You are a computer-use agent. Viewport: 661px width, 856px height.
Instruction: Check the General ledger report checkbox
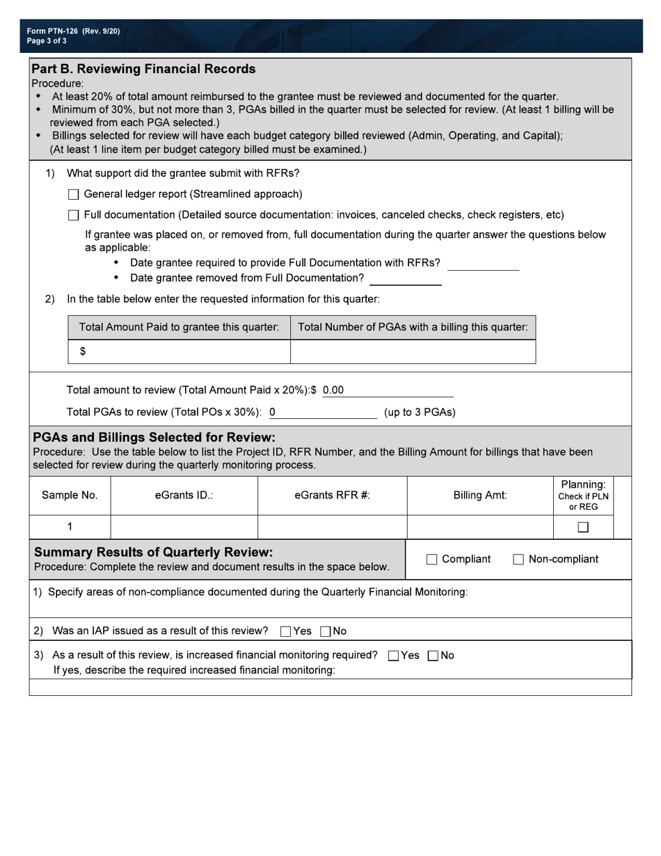pyautogui.click(x=74, y=195)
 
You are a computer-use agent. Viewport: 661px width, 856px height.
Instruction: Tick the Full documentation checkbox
pyautogui.click(x=74, y=215)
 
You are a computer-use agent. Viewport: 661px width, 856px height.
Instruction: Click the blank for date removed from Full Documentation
pyautogui.click(x=405, y=279)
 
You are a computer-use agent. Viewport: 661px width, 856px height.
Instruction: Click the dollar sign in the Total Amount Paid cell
pyautogui.click(x=83, y=351)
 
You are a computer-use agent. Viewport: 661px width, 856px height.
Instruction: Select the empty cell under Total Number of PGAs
pyautogui.click(x=413, y=351)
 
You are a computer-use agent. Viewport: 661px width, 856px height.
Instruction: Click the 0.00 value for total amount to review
pyautogui.click(x=333, y=390)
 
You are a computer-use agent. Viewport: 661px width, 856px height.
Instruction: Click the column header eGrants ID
pyautogui.click(x=184, y=496)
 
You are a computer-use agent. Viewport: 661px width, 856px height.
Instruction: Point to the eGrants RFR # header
pyautogui.click(x=332, y=496)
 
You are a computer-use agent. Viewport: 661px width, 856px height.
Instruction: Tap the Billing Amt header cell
pyautogui.click(x=480, y=496)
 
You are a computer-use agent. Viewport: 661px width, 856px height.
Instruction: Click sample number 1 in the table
pyautogui.click(x=70, y=527)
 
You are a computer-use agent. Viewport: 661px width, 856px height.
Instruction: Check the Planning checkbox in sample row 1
pyautogui.click(x=583, y=528)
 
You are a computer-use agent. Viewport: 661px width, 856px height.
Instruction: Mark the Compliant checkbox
pyautogui.click(x=431, y=560)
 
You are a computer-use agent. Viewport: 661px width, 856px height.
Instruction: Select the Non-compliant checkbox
pyautogui.click(x=518, y=560)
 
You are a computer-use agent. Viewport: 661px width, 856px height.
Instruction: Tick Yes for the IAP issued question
pyautogui.click(x=285, y=632)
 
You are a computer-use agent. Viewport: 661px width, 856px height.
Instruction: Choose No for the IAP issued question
pyautogui.click(x=326, y=632)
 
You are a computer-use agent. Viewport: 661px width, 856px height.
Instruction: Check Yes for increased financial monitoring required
pyautogui.click(x=394, y=656)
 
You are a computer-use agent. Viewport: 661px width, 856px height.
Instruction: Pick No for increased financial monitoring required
pyautogui.click(x=433, y=656)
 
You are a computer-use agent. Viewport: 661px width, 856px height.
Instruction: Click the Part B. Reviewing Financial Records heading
pyautogui.click(x=143, y=69)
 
